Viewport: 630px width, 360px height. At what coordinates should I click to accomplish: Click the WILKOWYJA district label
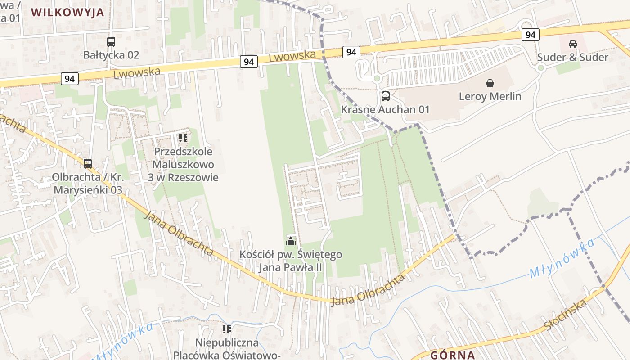(67, 12)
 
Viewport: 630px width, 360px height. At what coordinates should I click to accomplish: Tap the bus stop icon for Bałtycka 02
(111, 42)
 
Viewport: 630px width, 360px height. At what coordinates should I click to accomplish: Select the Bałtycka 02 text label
(111, 55)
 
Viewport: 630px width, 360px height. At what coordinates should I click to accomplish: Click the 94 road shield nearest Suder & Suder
(531, 35)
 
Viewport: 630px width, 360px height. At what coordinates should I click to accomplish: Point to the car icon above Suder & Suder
(572, 44)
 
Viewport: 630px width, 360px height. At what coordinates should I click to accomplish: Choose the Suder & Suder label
(572, 57)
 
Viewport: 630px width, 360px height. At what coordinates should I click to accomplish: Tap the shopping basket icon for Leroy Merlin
(490, 83)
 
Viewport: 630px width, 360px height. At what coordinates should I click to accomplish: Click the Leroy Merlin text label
(490, 96)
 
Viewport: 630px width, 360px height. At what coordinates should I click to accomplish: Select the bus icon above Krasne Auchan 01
(386, 96)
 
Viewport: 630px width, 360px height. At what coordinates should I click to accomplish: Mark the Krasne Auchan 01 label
(385, 109)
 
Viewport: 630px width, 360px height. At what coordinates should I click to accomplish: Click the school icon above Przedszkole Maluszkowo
(183, 138)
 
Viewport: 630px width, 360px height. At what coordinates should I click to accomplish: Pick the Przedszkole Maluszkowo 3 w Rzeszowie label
(183, 164)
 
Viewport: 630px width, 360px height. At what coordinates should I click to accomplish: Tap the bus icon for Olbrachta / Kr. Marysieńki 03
(88, 163)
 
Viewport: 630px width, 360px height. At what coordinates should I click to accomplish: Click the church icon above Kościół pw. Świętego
(291, 242)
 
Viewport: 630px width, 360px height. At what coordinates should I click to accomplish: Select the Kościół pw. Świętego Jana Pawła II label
(291, 261)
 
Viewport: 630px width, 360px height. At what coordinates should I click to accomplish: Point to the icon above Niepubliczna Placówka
(227, 329)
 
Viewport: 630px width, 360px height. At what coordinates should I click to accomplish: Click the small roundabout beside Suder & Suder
(541, 68)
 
